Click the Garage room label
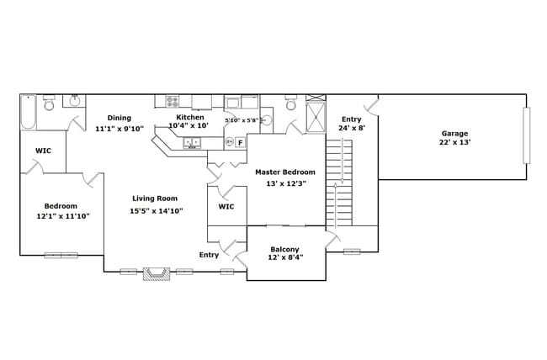455,133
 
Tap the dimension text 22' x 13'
455,143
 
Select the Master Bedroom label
285,172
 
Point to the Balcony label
285,249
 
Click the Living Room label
155,199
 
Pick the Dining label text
119,118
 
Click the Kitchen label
190,117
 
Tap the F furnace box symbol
240,142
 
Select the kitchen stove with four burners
173,102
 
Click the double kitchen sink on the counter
191,143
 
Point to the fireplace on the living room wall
157,273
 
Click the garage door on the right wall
527,135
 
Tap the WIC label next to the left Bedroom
43,151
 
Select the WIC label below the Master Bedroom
226,206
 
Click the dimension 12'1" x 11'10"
62,216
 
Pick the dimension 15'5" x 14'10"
157,211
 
